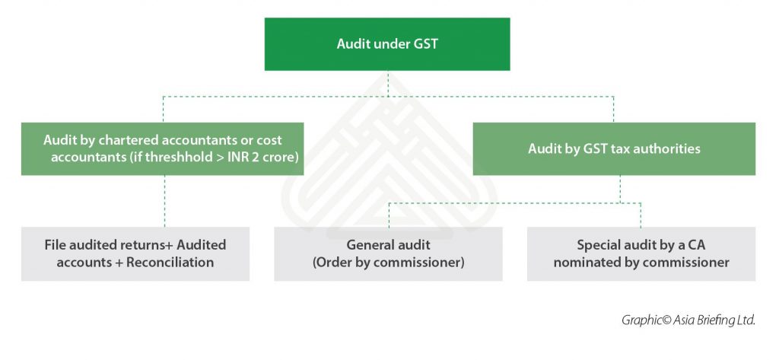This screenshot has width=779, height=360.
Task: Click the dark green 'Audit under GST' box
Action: tap(387, 44)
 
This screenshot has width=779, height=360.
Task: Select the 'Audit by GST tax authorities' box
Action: tap(614, 149)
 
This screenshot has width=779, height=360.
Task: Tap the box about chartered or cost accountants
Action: tap(162, 149)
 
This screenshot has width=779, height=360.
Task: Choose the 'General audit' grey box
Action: tap(388, 253)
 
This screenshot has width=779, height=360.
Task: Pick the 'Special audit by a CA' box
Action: tap(641, 253)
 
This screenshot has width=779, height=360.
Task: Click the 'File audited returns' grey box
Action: tap(135, 253)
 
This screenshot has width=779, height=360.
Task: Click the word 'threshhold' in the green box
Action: tap(154, 158)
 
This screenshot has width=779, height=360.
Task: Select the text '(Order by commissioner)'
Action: tap(388, 263)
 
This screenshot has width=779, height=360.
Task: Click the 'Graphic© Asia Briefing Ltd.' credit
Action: tap(688, 320)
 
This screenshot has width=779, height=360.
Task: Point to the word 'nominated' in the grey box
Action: tap(587, 263)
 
